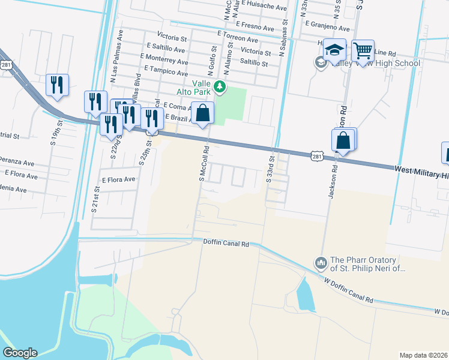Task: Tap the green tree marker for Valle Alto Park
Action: click(x=220, y=88)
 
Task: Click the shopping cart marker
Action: click(x=363, y=52)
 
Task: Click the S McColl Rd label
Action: click(x=203, y=163)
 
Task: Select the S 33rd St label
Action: click(x=271, y=169)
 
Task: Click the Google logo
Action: click(x=20, y=353)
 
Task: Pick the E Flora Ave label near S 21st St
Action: click(x=118, y=179)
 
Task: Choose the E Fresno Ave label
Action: click(x=256, y=25)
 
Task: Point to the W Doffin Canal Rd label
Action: click(x=348, y=290)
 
